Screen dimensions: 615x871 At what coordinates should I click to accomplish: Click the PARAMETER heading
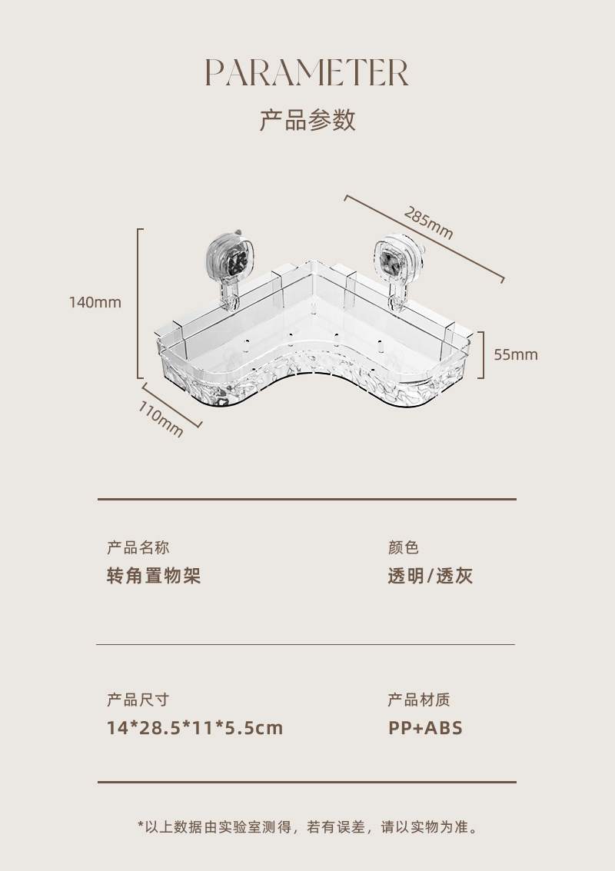[x=307, y=73]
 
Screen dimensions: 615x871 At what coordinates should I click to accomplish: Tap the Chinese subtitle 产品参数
[x=307, y=121]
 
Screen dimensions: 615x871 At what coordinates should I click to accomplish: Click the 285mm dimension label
[x=429, y=223]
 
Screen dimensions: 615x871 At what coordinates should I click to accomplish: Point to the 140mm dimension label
[x=95, y=302]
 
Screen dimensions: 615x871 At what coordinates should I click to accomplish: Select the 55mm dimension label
[x=516, y=354]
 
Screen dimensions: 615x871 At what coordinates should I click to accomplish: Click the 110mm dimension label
[x=161, y=419]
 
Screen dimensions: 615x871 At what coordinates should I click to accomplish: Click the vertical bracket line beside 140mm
[x=138, y=303]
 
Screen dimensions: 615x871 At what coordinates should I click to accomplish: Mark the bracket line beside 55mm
[x=483, y=354]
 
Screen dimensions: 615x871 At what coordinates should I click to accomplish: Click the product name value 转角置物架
[x=154, y=576]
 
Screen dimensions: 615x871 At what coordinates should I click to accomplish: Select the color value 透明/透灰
[x=430, y=576]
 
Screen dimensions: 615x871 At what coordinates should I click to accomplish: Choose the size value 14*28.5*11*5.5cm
[x=195, y=727]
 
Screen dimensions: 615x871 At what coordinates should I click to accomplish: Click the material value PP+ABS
[x=426, y=727]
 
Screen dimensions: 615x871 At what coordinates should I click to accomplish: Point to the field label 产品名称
[x=138, y=547]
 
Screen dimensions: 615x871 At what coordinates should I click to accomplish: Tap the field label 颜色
[x=404, y=547]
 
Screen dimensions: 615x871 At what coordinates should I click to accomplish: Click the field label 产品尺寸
[x=138, y=700]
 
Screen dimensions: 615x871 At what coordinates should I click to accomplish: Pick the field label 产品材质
[x=419, y=700]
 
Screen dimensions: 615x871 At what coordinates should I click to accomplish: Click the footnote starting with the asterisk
[x=307, y=827]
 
